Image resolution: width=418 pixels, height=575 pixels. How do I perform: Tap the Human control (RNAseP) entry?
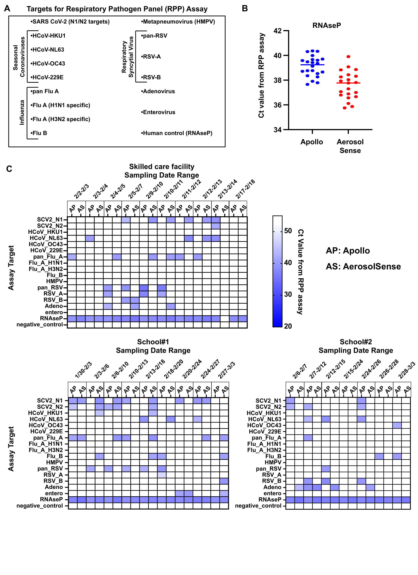[177, 133]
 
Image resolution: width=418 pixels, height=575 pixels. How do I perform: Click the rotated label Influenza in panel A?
[22, 112]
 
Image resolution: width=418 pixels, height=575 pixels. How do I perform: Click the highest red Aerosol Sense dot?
[348, 56]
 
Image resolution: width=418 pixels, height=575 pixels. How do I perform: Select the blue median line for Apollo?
[312, 65]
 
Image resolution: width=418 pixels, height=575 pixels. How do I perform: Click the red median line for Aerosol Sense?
[348, 83]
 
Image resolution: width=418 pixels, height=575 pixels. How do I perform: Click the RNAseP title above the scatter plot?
[327, 25]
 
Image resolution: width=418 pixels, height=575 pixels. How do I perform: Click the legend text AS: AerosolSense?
[363, 266]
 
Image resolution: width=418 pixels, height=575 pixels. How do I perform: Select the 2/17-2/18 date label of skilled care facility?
[245, 189]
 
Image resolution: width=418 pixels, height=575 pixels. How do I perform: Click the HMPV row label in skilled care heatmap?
[55, 281]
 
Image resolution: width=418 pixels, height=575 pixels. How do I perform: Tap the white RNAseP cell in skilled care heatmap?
[225, 319]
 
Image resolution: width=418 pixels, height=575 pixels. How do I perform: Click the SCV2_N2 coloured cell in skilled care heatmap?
[216, 226]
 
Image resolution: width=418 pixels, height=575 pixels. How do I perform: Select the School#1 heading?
[153, 342]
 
